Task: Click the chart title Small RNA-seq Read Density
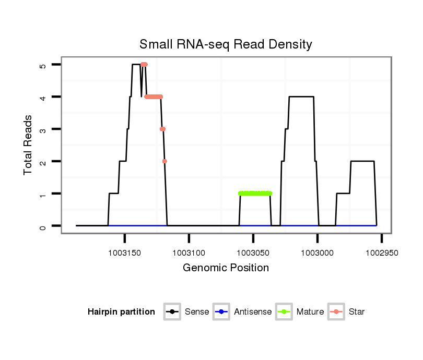tap(226, 44)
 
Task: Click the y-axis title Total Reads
tap(29, 145)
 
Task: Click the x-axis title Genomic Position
tap(226, 268)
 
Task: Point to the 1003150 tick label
tap(124, 253)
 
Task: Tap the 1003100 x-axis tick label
tap(189, 253)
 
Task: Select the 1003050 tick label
tap(253, 253)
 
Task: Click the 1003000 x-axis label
tap(317, 253)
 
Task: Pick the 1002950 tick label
tap(381, 253)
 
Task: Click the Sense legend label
tap(197, 312)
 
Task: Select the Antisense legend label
tap(253, 312)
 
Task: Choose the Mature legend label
tap(310, 312)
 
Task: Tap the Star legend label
tap(357, 312)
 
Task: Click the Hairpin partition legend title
tap(122, 312)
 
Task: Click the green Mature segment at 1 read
tap(255, 194)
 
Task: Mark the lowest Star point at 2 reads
tap(164, 161)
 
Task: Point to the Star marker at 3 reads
tap(162, 129)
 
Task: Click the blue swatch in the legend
tap(221, 312)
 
